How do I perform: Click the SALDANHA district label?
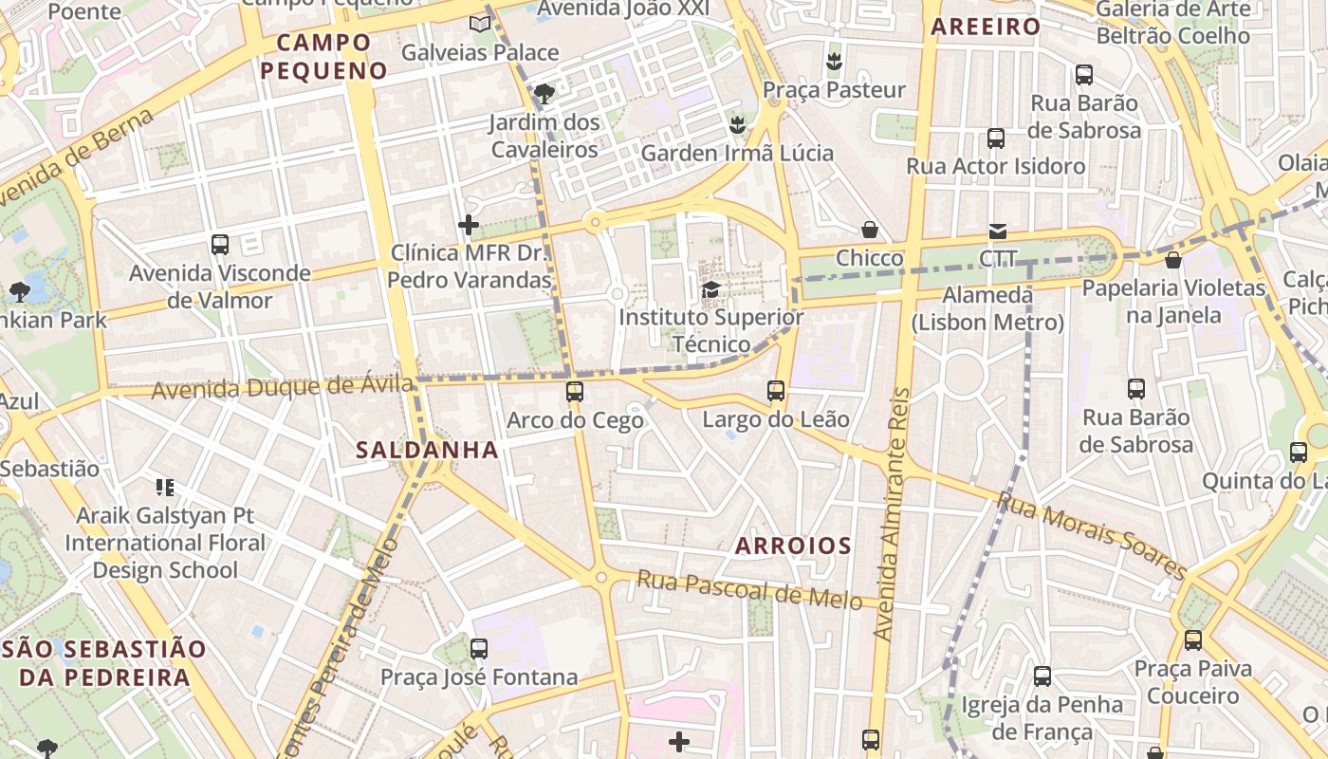(x=427, y=451)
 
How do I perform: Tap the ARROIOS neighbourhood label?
(x=793, y=546)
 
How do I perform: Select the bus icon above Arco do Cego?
(x=574, y=391)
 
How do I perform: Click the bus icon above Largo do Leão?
(x=776, y=390)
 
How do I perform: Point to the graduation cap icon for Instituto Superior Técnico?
(x=710, y=289)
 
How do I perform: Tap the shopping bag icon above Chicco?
(x=869, y=230)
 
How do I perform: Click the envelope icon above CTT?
(x=998, y=231)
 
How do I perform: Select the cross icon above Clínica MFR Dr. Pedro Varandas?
(x=469, y=225)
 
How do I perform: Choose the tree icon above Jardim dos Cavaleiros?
(x=544, y=93)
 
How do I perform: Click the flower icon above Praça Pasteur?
(x=834, y=62)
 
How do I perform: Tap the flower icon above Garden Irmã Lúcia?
(x=737, y=124)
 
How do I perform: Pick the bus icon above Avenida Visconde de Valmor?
(x=220, y=245)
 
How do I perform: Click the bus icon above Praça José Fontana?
(x=479, y=649)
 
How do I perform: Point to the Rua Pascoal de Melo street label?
(x=749, y=588)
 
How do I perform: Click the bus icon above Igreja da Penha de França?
(x=1042, y=676)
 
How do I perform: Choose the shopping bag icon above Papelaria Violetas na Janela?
(x=1173, y=259)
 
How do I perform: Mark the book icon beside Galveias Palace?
(x=481, y=23)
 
